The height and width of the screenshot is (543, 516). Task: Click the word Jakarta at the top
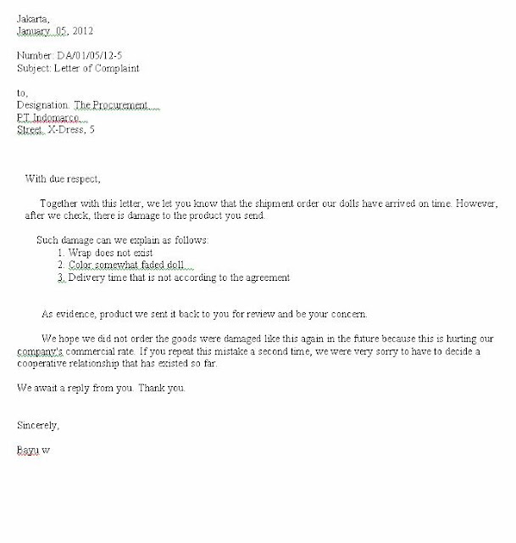[x=33, y=17]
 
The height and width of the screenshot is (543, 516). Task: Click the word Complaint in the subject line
[x=118, y=68]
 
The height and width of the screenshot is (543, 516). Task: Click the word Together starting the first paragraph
[x=62, y=204]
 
